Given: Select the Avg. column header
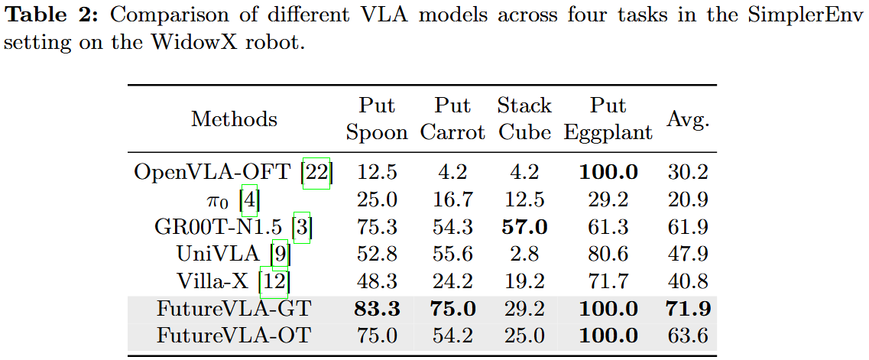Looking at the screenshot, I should point(687,119).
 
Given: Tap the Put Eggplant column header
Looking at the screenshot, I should point(608,119).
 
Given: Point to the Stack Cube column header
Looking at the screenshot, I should point(524,119).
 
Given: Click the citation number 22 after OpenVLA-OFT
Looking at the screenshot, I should point(316,173).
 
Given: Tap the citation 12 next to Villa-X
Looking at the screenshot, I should point(274,281).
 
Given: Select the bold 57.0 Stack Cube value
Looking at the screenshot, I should point(524,227).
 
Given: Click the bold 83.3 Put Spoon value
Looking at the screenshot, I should point(377,309).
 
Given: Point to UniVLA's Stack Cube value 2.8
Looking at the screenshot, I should point(524,254).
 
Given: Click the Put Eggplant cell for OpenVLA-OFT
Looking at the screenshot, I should point(608,173).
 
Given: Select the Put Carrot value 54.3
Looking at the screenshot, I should point(452,227).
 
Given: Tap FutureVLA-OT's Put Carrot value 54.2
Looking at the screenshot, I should point(452,336).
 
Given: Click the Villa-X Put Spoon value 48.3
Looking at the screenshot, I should point(377,281).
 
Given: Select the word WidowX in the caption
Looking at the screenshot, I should point(164,42).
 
